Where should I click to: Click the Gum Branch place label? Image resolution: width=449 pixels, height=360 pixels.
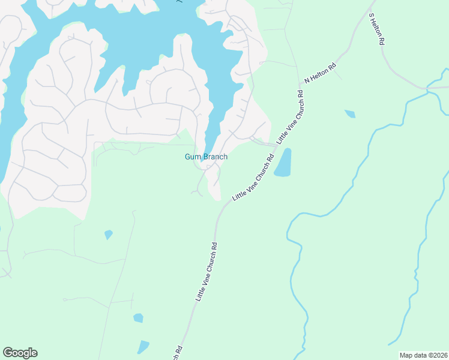tap(205, 157)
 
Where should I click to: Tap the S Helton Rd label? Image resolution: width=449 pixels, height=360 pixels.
tap(376, 30)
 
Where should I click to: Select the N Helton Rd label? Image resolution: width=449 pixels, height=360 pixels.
tap(319, 72)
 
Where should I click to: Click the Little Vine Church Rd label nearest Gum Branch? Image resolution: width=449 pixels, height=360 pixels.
tap(253, 178)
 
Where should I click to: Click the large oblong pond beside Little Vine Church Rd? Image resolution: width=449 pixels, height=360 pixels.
tap(283, 163)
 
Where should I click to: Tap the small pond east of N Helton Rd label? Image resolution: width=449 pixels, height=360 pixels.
tap(350, 113)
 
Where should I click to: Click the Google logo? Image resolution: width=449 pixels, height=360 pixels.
tap(20, 353)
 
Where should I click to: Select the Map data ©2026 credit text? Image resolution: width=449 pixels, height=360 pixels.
tap(423, 355)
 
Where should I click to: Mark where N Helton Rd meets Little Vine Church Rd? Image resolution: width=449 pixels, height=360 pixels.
tap(300, 85)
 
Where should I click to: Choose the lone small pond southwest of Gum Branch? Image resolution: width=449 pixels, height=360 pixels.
tap(108, 234)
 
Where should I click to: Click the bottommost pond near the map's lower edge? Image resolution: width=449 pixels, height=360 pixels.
tap(143, 347)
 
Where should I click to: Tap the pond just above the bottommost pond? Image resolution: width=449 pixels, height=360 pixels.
tap(138, 318)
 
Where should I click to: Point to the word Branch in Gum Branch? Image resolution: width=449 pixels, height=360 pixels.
tap(214, 157)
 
